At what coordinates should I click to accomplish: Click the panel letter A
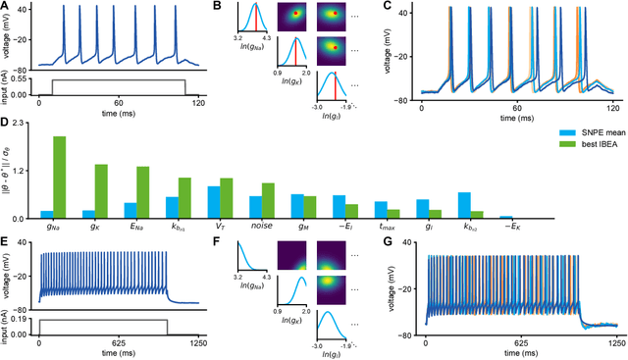point(6,7)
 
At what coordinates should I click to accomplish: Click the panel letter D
point(6,124)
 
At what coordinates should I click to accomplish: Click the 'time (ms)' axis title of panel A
point(118,114)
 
